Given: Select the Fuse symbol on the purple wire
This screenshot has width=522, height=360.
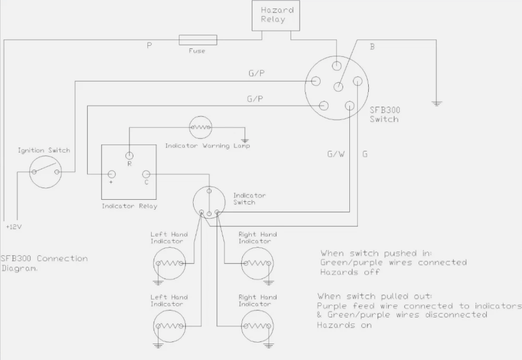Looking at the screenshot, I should [197, 40].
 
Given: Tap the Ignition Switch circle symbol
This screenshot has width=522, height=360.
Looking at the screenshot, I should [44, 172].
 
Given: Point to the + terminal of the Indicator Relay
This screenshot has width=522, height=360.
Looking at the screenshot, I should [111, 174].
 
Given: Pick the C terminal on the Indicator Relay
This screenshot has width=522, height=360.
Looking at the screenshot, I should [146, 174].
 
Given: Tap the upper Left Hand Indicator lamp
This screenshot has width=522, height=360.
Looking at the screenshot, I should [169, 262].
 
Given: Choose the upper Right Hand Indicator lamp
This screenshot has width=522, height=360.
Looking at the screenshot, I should [257, 262].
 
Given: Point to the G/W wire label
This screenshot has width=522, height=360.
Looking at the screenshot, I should [335, 154].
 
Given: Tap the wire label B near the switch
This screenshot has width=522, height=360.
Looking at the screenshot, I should [372, 47].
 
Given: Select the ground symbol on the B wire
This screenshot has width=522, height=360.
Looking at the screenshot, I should [437, 104].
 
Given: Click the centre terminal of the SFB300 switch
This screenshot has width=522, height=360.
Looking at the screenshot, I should [338, 87].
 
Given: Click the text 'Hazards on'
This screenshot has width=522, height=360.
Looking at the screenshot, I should [344, 325].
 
